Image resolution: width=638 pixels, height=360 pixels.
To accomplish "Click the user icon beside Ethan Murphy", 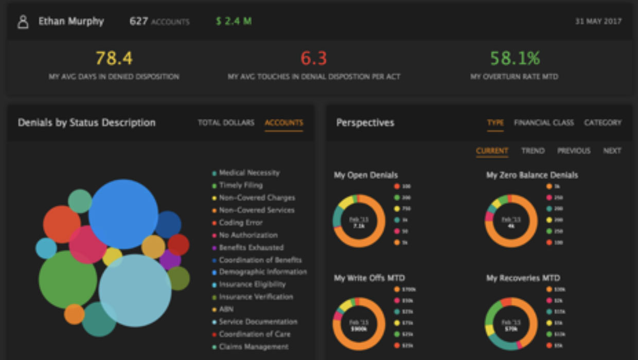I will pyautogui.click(x=23, y=22).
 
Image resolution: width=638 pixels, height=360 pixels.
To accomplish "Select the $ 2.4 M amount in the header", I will pyautogui.click(x=234, y=22).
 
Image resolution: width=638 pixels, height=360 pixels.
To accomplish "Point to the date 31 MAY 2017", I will pyautogui.click(x=598, y=22).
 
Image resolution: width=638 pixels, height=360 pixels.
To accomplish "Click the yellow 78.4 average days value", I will pyautogui.click(x=114, y=58).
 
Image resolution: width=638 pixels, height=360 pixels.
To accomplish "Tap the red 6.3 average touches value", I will pyautogui.click(x=313, y=58).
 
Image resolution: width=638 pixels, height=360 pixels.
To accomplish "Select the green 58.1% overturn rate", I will pyautogui.click(x=514, y=58).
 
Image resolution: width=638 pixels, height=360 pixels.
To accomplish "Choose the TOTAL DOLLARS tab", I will pyautogui.click(x=226, y=122).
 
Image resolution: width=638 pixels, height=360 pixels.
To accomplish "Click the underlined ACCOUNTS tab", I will pyautogui.click(x=283, y=122).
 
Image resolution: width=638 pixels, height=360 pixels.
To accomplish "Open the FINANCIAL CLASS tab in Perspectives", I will pyautogui.click(x=543, y=122).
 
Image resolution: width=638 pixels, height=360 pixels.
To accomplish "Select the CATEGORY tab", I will pyautogui.click(x=602, y=122).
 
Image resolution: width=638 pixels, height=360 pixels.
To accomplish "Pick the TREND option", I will pyautogui.click(x=533, y=151).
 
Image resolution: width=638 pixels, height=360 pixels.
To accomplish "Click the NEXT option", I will pyautogui.click(x=612, y=151).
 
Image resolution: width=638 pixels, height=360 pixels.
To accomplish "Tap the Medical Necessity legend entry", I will pyautogui.click(x=249, y=173).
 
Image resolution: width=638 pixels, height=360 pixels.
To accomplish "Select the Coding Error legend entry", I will pyautogui.click(x=240, y=223).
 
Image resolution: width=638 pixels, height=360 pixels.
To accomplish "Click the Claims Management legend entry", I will pyautogui.click(x=253, y=347).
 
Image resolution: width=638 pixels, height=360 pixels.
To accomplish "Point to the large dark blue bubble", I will pyautogui.click(x=123, y=214).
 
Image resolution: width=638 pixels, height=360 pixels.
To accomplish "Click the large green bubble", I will pyautogui.click(x=68, y=279).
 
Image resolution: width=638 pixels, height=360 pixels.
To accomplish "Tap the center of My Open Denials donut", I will pyautogui.click(x=359, y=221).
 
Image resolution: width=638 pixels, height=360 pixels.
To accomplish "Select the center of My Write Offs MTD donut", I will pyautogui.click(x=359, y=324).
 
